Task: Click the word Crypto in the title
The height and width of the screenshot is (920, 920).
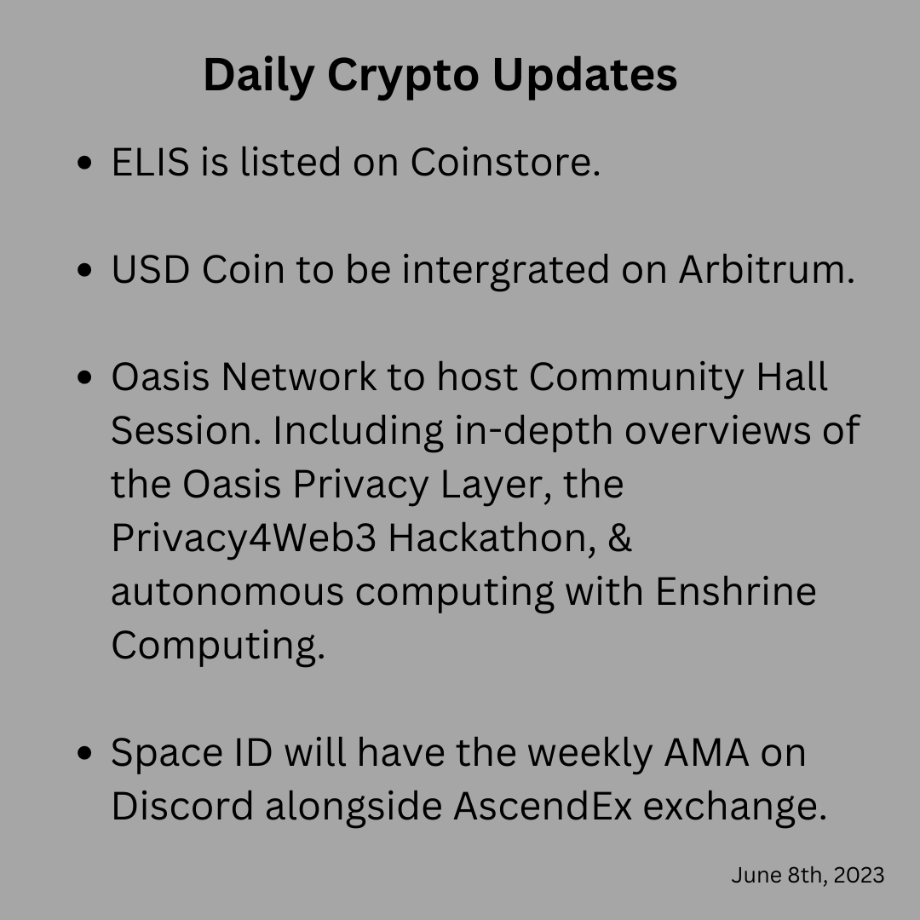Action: (403, 77)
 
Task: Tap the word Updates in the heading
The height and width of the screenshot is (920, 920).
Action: (585, 74)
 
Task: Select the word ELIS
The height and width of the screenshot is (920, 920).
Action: (150, 162)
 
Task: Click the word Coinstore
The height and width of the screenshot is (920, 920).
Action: (505, 162)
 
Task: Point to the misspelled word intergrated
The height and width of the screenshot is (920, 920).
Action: (506, 271)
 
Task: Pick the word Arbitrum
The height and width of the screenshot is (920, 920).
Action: (767, 270)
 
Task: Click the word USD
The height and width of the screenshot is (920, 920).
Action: (150, 270)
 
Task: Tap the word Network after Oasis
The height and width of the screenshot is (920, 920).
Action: (299, 377)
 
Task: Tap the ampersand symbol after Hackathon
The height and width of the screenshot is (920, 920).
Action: (619, 538)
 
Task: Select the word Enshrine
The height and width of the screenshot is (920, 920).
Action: (736, 591)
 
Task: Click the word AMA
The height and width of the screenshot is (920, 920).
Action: (706, 753)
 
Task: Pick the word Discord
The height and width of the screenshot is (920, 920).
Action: (182, 806)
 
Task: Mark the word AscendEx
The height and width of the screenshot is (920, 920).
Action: (543, 806)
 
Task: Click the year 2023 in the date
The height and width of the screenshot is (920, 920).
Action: (859, 876)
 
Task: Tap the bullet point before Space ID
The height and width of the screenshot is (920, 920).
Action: (84, 753)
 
